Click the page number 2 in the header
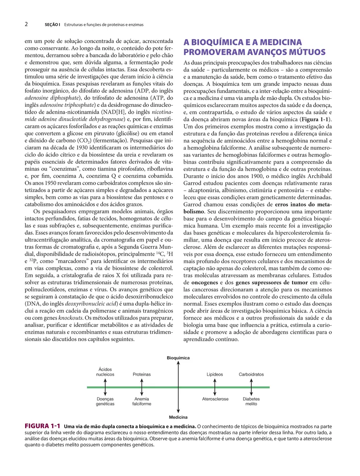click(26, 24)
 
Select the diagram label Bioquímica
click(178, 358)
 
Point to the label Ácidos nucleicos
click(105, 372)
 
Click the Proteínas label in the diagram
click(142, 374)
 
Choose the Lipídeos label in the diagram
click(215, 374)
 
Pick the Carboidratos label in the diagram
click(251, 374)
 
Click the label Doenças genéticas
click(105, 401)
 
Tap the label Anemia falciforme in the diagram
click(142, 401)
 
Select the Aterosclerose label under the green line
click(215, 399)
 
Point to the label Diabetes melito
click(251, 401)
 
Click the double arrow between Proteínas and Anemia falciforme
click(142, 387)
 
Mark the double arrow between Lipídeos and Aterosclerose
click(215, 387)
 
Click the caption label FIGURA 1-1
click(42, 426)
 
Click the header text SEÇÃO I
click(52, 25)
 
